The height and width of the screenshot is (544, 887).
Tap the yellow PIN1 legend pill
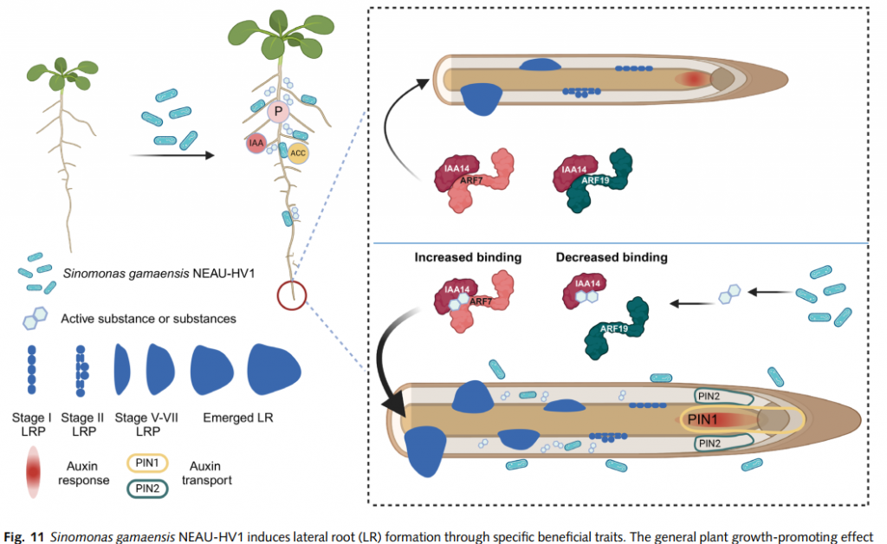click(x=148, y=463)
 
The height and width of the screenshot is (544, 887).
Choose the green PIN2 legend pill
click(x=148, y=488)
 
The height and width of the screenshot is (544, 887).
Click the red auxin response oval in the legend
click(x=34, y=472)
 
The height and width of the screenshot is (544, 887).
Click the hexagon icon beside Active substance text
click(x=34, y=319)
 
